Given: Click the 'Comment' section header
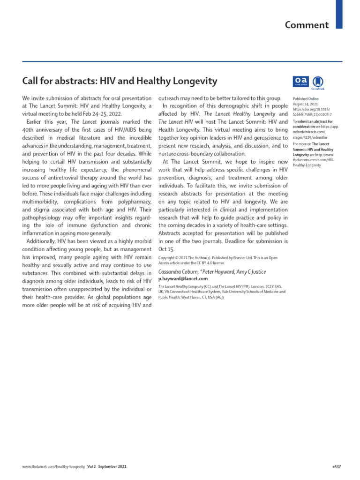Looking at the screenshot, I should [307, 25].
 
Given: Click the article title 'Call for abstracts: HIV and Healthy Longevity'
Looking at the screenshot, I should [120, 81].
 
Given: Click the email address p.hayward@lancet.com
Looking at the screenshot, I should [183, 278].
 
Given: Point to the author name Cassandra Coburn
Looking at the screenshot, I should [179, 271].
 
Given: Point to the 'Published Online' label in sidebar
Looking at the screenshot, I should [305, 99].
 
